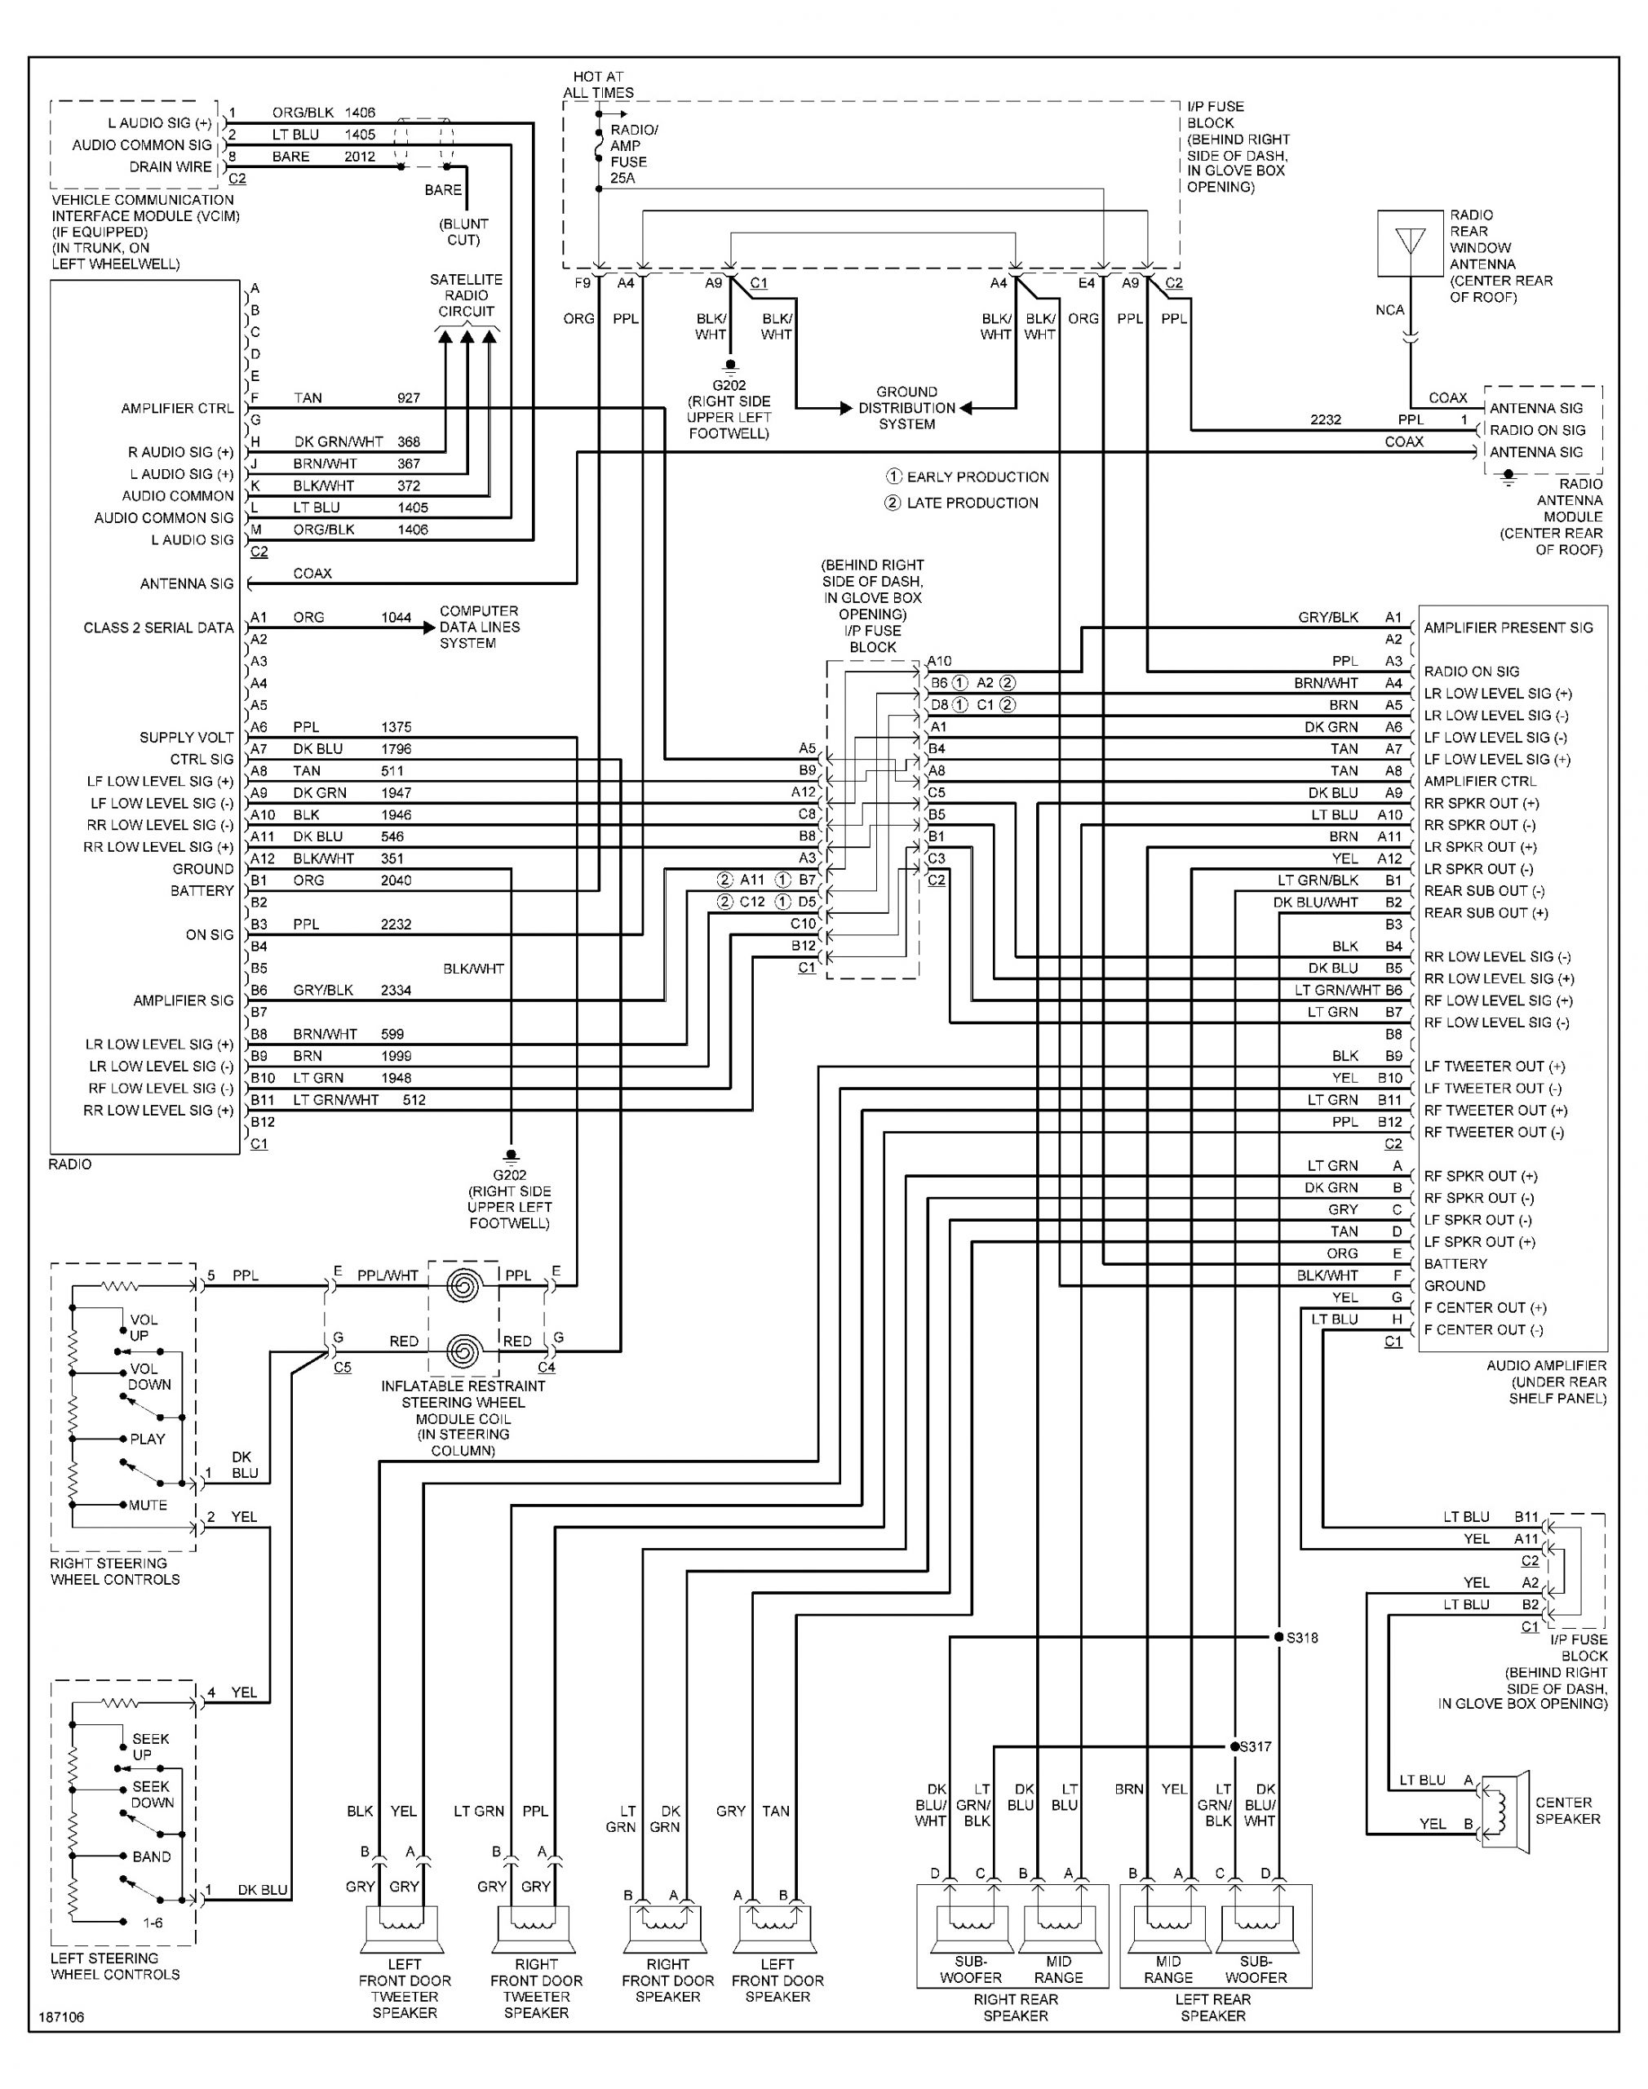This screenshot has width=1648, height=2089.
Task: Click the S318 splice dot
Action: click(1278, 1638)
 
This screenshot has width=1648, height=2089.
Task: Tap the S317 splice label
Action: click(1256, 1746)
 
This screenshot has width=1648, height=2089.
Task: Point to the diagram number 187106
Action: click(61, 2016)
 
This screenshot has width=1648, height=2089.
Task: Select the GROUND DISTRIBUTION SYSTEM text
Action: click(906, 407)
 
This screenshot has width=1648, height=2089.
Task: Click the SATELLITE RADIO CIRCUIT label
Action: click(466, 295)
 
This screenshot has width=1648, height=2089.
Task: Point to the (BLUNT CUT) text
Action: click(464, 232)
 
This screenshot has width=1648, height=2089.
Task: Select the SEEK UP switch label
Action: click(149, 1746)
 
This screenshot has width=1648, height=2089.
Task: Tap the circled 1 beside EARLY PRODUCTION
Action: click(893, 477)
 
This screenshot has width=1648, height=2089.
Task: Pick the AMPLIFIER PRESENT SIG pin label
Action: click(1508, 628)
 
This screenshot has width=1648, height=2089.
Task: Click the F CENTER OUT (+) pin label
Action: click(1484, 1307)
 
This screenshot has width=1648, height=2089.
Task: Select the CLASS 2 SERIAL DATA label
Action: click(158, 628)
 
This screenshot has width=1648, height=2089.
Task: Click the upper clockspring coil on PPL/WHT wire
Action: click(463, 1285)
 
